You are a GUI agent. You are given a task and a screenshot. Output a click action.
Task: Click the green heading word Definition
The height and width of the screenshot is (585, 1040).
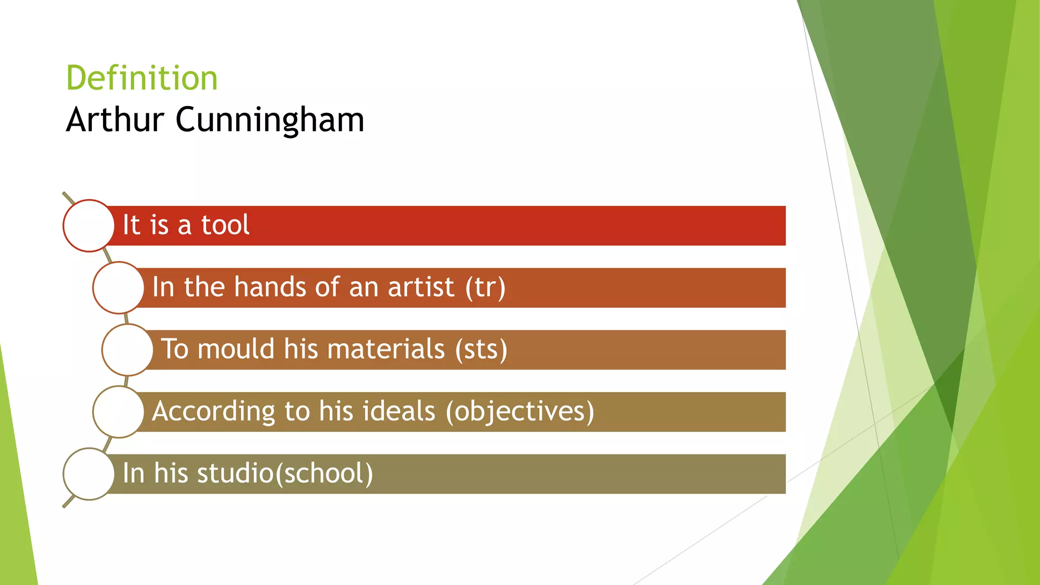click(142, 78)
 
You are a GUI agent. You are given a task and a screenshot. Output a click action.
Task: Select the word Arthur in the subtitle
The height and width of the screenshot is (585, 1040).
click(115, 120)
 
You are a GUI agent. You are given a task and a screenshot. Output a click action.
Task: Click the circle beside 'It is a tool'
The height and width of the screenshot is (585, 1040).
click(89, 225)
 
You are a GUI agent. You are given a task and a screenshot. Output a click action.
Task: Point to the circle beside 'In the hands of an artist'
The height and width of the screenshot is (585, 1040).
click(118, 287)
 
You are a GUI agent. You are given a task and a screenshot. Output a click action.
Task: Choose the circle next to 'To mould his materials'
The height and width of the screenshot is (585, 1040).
click(127, 349)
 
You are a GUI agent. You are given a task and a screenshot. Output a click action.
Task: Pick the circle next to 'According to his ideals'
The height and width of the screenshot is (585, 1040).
click(118, 411)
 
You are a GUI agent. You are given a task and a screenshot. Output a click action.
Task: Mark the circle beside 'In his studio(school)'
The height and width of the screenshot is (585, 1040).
click(89, 473)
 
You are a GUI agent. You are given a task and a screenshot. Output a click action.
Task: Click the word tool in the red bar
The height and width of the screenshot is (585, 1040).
click(225, 225)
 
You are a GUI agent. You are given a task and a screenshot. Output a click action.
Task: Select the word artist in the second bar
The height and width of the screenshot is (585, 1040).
click(421, 287)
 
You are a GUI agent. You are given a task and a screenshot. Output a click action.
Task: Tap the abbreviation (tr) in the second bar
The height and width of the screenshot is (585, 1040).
click(485, 287)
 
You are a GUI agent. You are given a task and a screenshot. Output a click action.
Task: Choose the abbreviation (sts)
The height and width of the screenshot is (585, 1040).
click(481, 349)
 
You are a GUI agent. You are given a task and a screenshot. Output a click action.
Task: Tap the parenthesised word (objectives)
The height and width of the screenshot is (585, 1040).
click(520, 411)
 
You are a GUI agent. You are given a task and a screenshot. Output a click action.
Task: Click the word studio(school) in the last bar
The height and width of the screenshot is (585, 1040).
click(285, 473)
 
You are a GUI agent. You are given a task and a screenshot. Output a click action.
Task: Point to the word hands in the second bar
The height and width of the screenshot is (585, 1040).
click(270, 287)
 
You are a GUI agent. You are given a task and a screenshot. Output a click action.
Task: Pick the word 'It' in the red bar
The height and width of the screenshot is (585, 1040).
click(131, 225)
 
